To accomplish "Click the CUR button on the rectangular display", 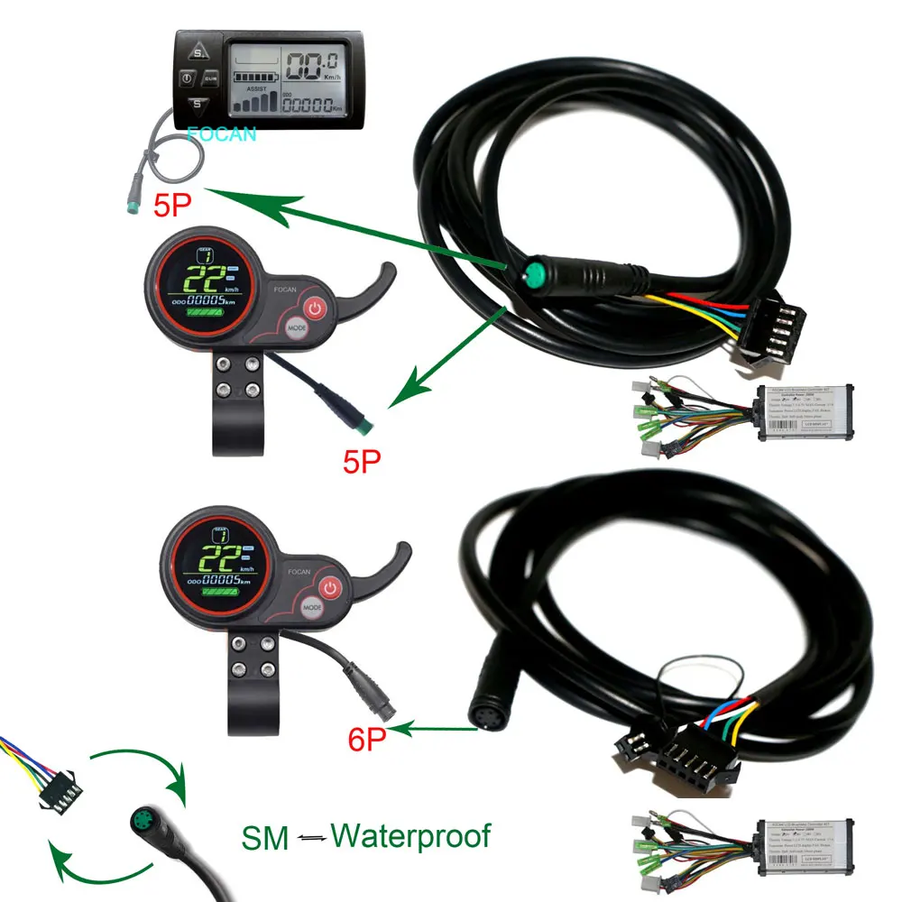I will tap(210, 79).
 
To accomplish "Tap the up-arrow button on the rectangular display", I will tap(198, 46).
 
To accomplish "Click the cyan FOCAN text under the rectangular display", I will tap(222, 135).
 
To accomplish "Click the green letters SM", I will tap(266, 839).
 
